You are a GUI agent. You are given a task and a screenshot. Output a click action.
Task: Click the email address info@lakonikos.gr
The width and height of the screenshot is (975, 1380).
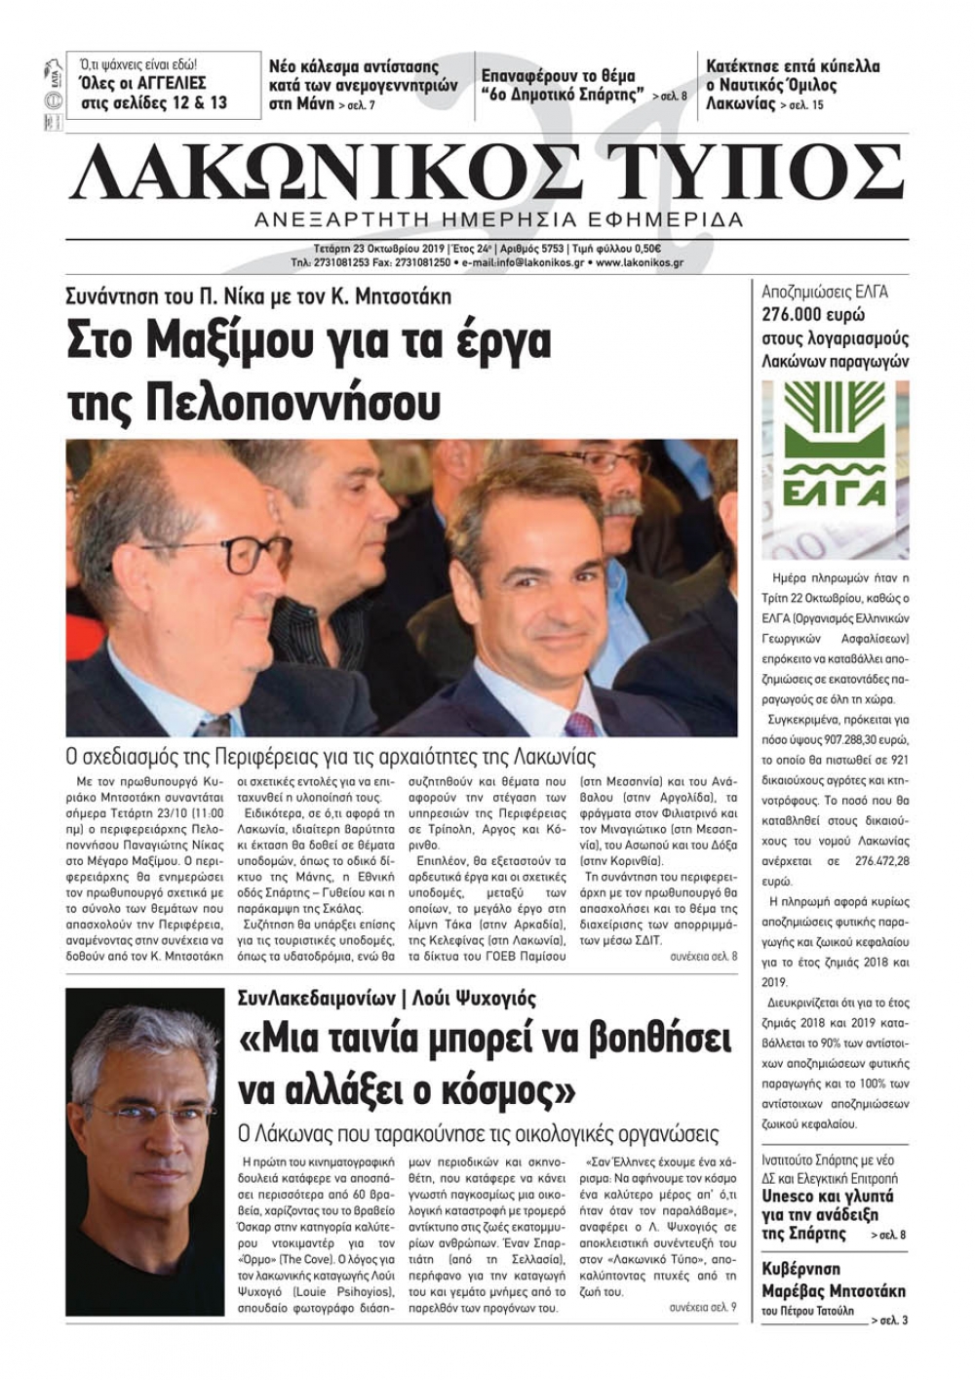click(542, 262)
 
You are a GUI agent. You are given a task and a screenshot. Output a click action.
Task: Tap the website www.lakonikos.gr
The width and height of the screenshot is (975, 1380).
click(639, 262)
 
